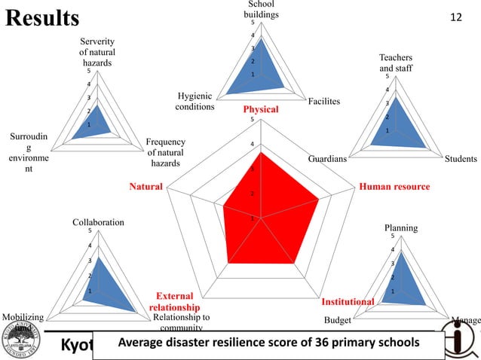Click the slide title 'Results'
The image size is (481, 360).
pyautogui.click(x=41, y=17)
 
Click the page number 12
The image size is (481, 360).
pyautogui.click(x=455, y=17)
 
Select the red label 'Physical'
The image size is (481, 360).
pyautogui.click(x=260, y=110)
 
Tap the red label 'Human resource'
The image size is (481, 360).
pyautogui.click(x=394, y=187)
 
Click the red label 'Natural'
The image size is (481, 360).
pyautogui.click(x=146, y=185)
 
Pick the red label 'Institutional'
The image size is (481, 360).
pyautogui.click(x=348, y=302)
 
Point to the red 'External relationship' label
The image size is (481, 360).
pyautogui.click(x=174, y=302)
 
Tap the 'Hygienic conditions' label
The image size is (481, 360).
pyautogui.click(x=195, y=102)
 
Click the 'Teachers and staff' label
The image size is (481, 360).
pyautogui.click(x=396, y=63)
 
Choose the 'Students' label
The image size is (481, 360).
pyautogui.click(x=461, y=159)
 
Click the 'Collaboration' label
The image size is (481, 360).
pyautogui.click(x=98, y=223)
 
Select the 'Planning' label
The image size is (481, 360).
pyautogui.click(x=400, y=227)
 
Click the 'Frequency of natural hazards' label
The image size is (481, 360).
pyautogui.click(x=165, y=153)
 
